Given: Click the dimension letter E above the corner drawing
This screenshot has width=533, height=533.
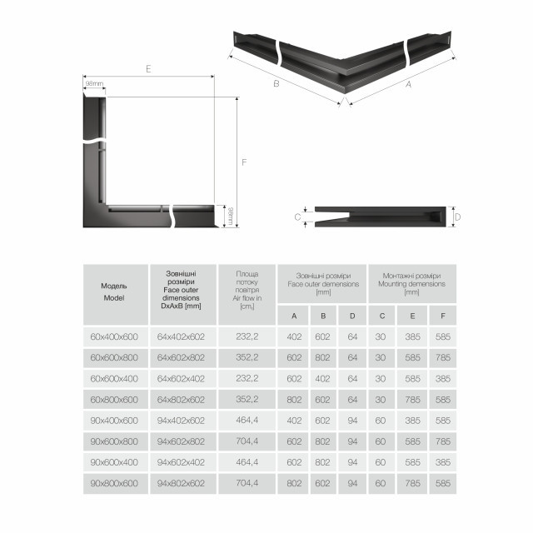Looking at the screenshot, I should [x=147, y=70].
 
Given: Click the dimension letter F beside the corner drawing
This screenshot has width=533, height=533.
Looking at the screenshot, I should [x=244, y=162].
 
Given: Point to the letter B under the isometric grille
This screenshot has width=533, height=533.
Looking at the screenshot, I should [x=276, y=83].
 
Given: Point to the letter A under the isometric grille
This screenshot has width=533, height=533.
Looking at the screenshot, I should [x=408, y=83].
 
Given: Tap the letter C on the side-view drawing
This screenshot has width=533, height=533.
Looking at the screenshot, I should [x=298, y=217].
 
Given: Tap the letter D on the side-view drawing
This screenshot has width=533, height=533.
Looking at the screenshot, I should [x=456, y=217].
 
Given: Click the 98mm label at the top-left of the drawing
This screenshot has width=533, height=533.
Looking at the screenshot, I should [x=93, y=83].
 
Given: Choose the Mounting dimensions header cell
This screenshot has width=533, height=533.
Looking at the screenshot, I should [x=411, y=283].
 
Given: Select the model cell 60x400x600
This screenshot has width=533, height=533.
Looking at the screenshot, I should [x=114, y=336].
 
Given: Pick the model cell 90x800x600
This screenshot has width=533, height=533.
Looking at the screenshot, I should [x=114, y=482].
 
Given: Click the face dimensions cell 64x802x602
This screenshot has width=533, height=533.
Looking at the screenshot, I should [x=180, y=399].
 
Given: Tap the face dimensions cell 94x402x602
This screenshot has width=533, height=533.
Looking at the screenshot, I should [x=180, y=420].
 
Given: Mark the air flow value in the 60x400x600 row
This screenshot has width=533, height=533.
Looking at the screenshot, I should [x=247, y=336].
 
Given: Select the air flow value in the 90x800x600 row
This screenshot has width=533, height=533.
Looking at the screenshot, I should [x=247, y=482].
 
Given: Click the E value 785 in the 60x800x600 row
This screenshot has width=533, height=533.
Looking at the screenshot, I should [x=411, y=399].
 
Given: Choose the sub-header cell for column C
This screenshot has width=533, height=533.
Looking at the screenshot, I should [x=381, y=315].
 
